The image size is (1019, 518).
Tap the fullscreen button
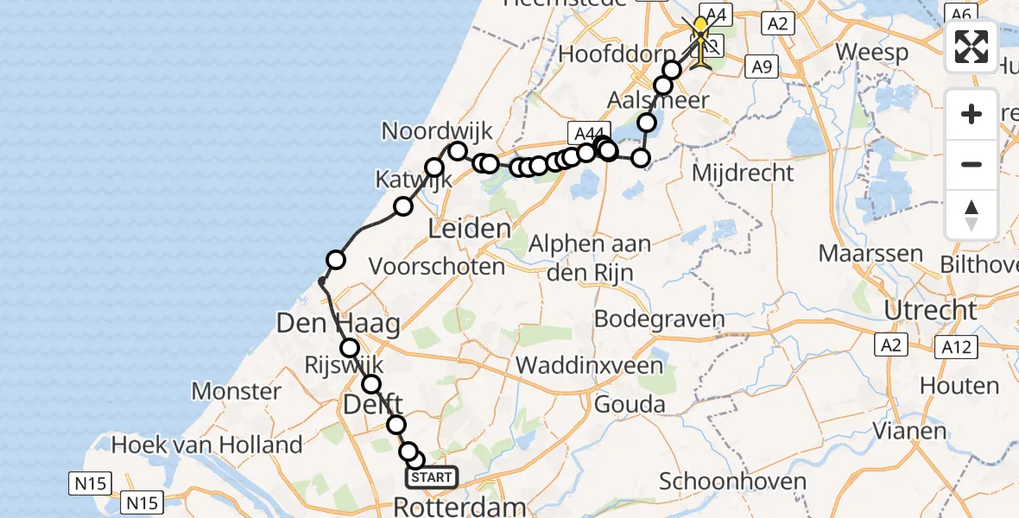[x=972, y=47]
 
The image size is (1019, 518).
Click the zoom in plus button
[x=972, y=114]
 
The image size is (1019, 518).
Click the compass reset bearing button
[x=972, y=215]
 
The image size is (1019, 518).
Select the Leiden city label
[x=470, y=230]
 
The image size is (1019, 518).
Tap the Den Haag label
[x=338, y=325]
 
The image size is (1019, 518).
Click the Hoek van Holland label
[x=207, y=445]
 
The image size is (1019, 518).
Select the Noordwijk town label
[x=437, y=131]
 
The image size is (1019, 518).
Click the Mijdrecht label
[x=744, y=173]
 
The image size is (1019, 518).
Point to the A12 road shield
[x=954, y=347]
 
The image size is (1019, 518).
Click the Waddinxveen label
[x=590, y=365]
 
